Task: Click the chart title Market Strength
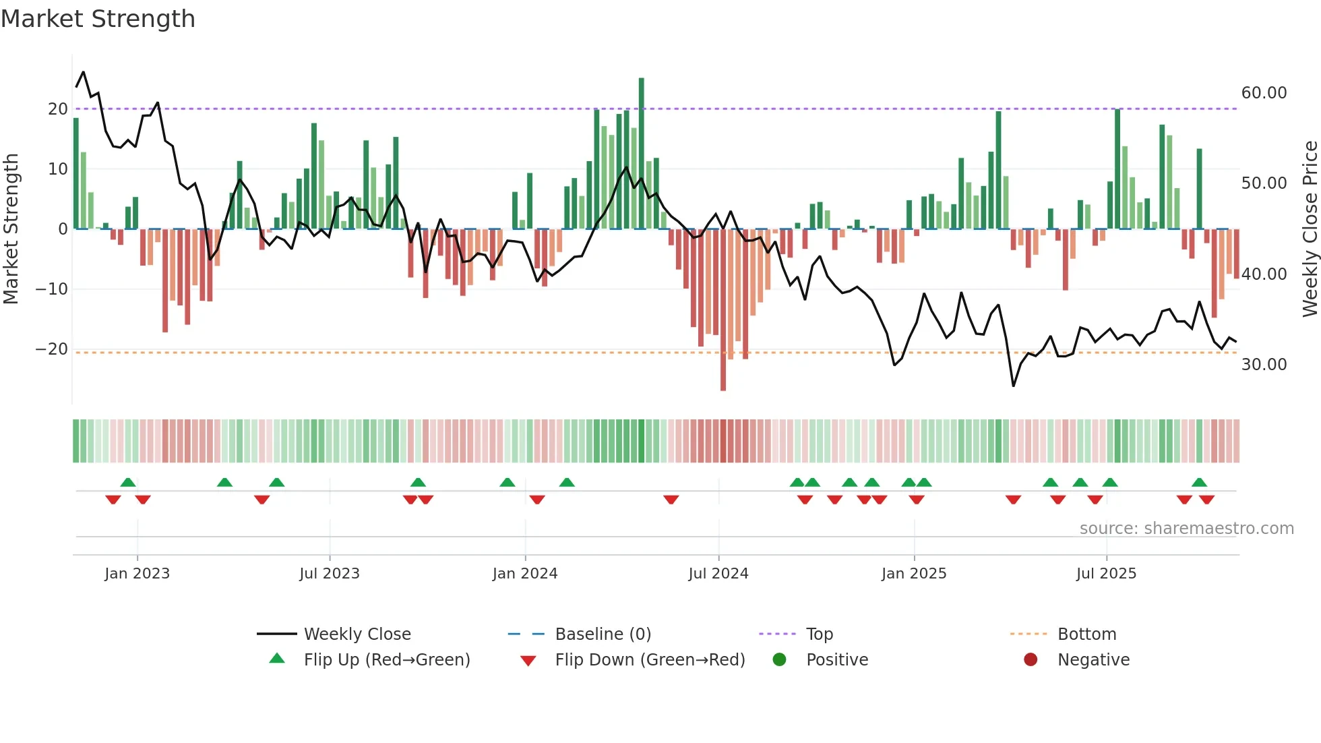[98, 19]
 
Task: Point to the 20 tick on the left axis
[58, 109]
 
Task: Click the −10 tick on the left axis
[52, 289]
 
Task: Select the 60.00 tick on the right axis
[1264, 93]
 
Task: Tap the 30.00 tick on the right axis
[1264, 365]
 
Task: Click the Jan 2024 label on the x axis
[525, 574]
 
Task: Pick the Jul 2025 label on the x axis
[1106, 574]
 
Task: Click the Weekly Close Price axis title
[1310, 229]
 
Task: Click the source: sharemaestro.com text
[1186, 529]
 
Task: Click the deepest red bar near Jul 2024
[723, 310]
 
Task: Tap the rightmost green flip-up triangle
[1199, 483]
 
